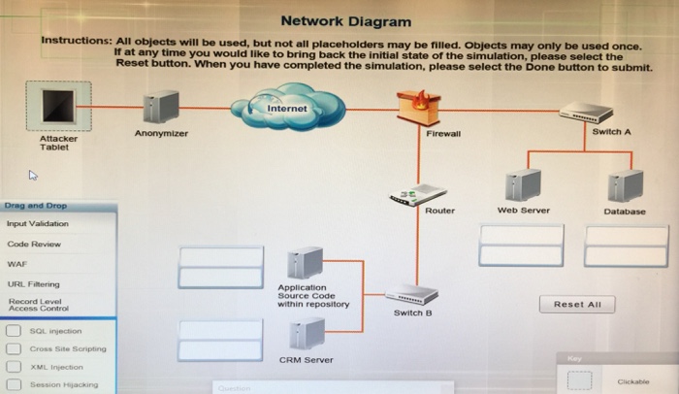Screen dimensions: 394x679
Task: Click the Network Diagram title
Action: (x=345, y=21)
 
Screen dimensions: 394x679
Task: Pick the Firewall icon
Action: (x=418, y=105)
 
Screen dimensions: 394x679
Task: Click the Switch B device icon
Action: (x=411, y=295)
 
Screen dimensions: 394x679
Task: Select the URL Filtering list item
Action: (x=33, y=283)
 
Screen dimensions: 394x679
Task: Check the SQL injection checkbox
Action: (x=14, y=330)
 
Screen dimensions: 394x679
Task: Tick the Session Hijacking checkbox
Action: (x=14, y=384)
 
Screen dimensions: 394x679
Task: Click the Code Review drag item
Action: (x=34, y=244)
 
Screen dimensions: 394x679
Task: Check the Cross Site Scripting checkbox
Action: (x=14, y=348)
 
